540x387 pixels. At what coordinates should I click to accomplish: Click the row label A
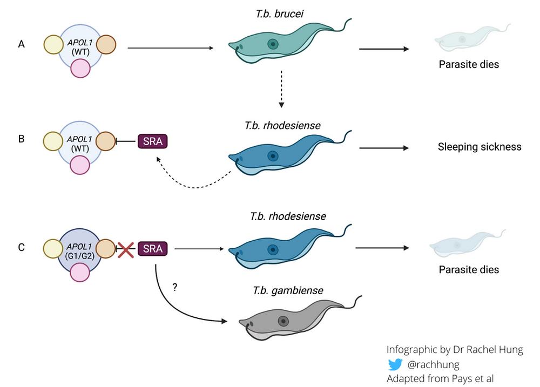tap(22, 45)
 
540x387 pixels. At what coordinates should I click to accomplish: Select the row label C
tap(22, 248)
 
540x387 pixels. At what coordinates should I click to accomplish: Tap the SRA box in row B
tap(153, 141)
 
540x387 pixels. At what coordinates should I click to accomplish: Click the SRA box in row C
tap(153, 249)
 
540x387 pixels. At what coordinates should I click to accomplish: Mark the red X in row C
tap(126, 249)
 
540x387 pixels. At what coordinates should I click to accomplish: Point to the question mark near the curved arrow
tap(174, 288)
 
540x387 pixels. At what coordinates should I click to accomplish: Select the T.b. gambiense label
tap(288, 290)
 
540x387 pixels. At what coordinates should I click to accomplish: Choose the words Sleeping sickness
tap(480, 146)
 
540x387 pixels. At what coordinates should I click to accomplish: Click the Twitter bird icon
tap(395, 364)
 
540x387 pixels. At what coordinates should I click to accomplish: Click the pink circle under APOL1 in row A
tap(80, 70)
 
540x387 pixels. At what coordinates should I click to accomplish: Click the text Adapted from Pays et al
tap(441, 378)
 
